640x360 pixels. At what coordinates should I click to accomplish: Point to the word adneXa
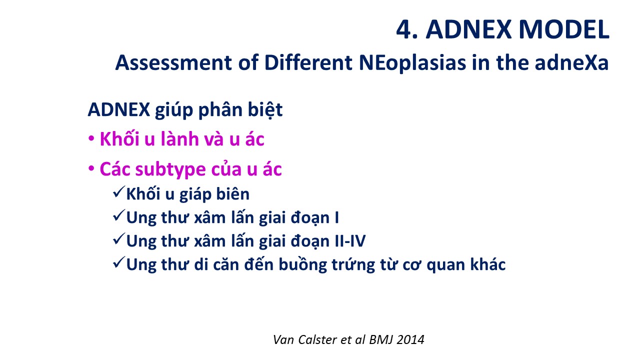click(x=571, y=62)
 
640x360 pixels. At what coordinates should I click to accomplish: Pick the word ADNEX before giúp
click(x=119, y=109)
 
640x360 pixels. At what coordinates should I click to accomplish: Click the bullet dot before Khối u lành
click(x=91, y=139)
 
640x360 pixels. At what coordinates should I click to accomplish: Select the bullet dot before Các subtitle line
click(x=91, y=168)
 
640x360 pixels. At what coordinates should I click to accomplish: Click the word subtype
click(x=170, y=169)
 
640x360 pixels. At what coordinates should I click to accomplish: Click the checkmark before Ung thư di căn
click(x=119, y=262)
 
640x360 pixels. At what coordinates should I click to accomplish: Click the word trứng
click(x=353, y=265)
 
